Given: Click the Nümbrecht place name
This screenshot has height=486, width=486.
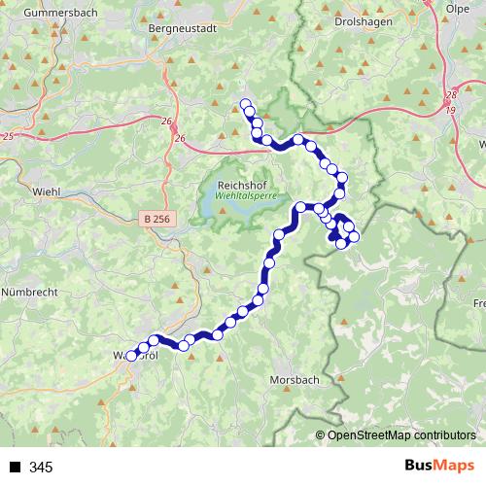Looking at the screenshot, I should point(31,291).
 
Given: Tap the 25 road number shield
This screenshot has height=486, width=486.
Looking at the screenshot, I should point(8,136).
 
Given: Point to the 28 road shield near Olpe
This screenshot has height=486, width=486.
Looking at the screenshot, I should point(450,95).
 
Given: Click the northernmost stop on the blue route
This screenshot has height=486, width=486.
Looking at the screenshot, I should point(246,105).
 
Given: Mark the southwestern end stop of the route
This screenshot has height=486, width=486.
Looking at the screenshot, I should point(131,356).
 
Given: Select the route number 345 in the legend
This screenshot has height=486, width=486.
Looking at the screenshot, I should point(42,468).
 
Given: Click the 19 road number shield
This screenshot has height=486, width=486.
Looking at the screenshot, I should point(450,109).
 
